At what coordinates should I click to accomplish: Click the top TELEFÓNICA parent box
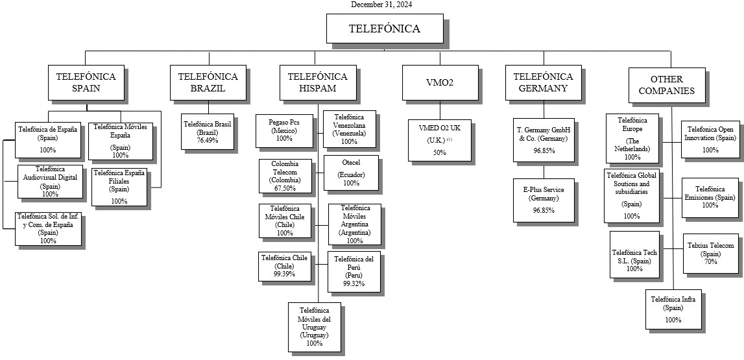(384, 29)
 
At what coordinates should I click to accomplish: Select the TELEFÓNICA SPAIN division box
(86, 82)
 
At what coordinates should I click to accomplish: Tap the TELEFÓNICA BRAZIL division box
(208, 82)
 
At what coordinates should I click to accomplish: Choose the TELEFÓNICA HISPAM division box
(317, 82)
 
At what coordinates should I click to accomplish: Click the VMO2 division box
(439, 82)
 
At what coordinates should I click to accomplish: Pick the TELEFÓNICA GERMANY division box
(543, 82)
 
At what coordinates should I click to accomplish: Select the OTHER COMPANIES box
(666, 84)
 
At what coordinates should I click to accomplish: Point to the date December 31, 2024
(381, 5)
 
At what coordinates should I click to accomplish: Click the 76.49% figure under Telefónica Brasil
(208, 140)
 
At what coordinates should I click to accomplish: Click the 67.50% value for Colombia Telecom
(285, 188)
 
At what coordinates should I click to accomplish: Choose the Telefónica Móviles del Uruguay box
(314, 326)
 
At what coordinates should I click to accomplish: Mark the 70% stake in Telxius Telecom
(710, 261)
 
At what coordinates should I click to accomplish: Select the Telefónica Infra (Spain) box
(673, 309)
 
